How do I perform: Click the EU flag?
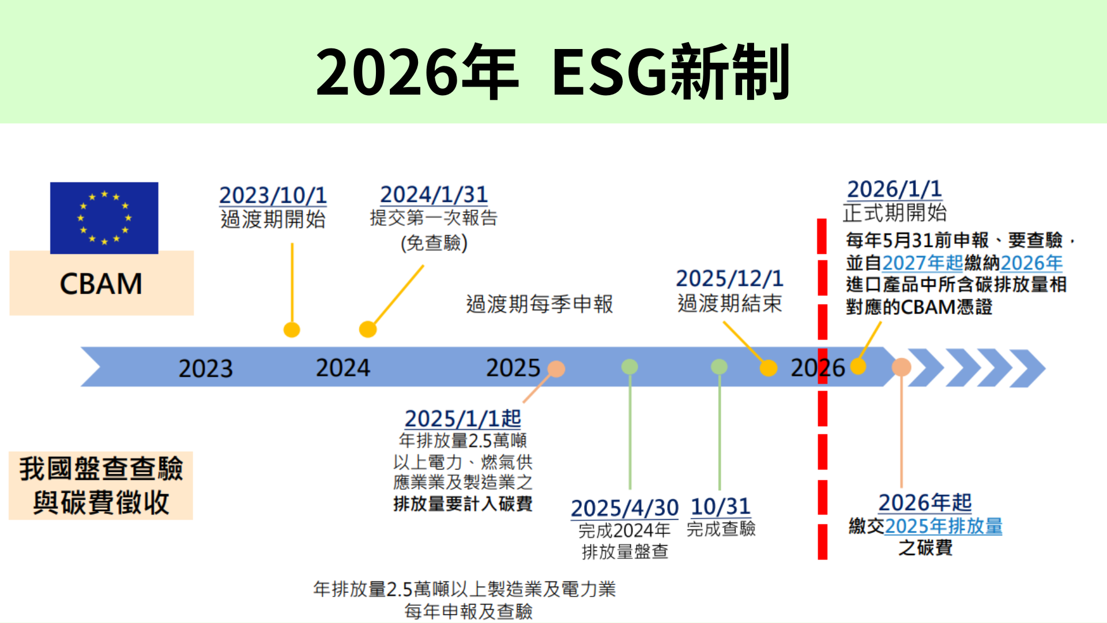[x=104, y=217]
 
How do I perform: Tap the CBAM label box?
[x=101, y=284]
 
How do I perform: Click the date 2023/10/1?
[x=273, y=196]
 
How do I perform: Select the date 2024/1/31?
[x=434, y=194]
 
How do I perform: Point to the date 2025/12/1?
[x=729, y=279]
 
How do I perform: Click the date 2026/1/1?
[x=894, y=189]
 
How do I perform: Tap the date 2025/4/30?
[x=624, y=508]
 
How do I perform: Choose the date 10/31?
[x=720, y=506]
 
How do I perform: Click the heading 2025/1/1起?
[x=462, y=419]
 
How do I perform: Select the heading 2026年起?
[x=925, y=502]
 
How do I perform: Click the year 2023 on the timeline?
[x=205, y=369]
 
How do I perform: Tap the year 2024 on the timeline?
[x=342, y=368]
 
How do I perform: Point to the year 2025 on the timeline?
[x=513, y=368]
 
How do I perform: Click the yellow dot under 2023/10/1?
[x=292, y=330]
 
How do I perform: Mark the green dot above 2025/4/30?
[x=630, y=367]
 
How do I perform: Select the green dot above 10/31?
[x=719, y=367]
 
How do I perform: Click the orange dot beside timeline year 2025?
[x=556, y=369]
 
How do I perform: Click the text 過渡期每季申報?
[x=539, y=304]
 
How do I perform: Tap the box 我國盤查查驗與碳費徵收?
[x=101, y=486]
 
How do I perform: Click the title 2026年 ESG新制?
[x=552, y=72]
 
